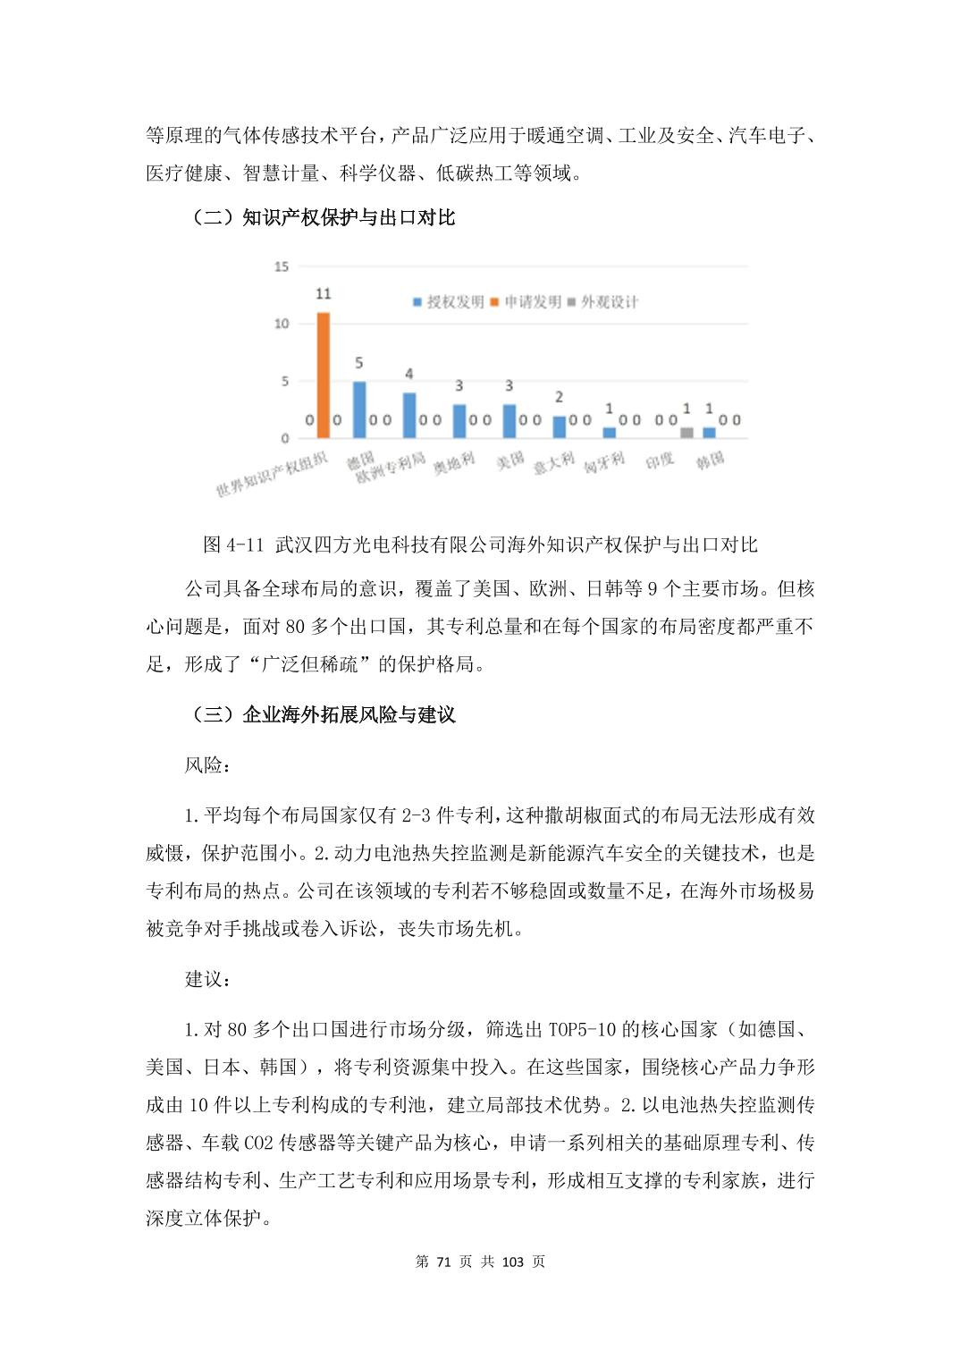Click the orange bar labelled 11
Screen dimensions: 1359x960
tap(324, 376)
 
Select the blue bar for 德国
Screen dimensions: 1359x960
tap(359, 409)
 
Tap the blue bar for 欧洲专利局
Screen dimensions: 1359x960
tap(409, 416)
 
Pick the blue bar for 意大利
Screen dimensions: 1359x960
tap(560, 427)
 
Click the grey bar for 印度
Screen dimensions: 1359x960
tap(686, 433)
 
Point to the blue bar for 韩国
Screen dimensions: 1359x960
tap(709, 433)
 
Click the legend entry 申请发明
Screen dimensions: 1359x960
tap(526, 302)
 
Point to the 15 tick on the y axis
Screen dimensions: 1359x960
tap(282, 266)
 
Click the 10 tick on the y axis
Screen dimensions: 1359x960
tap(282, 324)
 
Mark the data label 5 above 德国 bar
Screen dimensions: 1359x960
tap(359, 363)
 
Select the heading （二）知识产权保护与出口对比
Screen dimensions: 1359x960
tap(322, 217)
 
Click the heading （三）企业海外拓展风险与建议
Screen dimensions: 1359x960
tap(322, 714)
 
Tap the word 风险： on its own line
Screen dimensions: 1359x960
tap(206, 765)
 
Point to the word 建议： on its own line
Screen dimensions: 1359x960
tap(206, 979)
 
